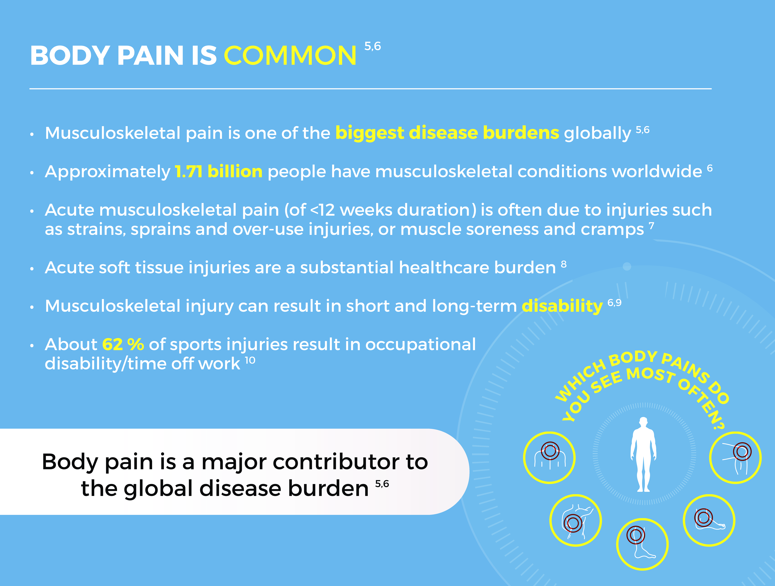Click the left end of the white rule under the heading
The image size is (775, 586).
[x=30, y=89]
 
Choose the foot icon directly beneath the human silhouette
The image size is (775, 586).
[x=642, y=544]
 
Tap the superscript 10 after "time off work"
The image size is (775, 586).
[x=250, y=360]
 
